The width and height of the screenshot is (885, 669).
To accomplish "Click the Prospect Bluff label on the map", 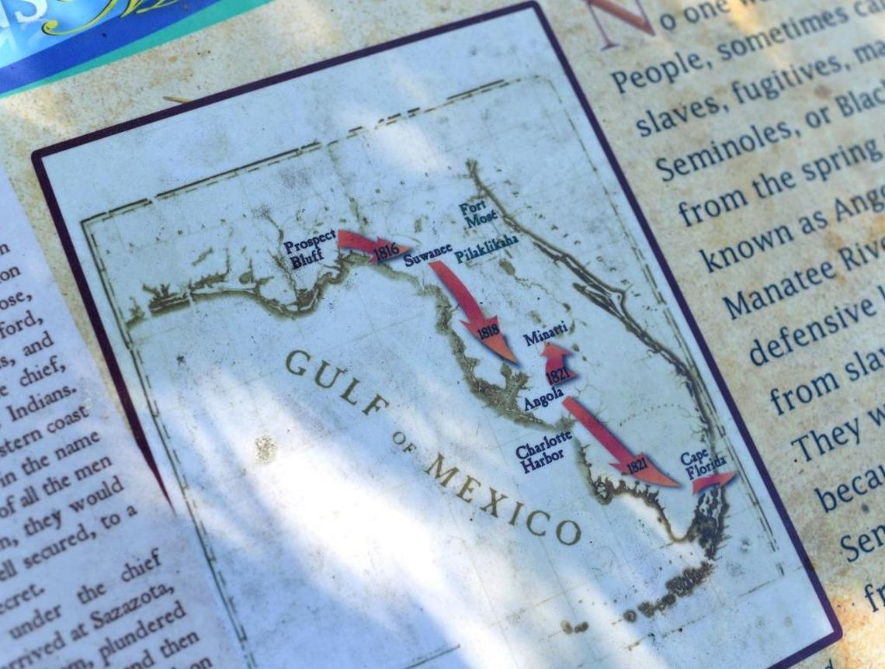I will coord(309,249).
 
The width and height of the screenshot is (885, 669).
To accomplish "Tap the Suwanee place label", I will coord(427,254).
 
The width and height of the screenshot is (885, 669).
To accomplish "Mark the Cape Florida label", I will coord(703,463).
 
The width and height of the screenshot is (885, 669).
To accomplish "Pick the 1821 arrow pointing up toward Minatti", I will coord(557,364).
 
